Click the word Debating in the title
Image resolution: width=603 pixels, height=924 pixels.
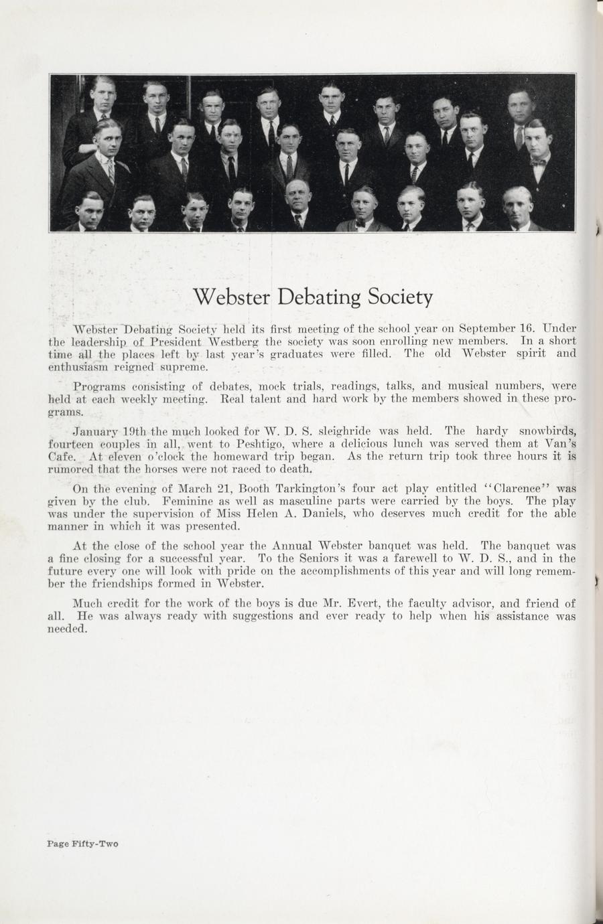(310, 297)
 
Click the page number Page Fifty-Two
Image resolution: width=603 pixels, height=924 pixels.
(82, 844)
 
